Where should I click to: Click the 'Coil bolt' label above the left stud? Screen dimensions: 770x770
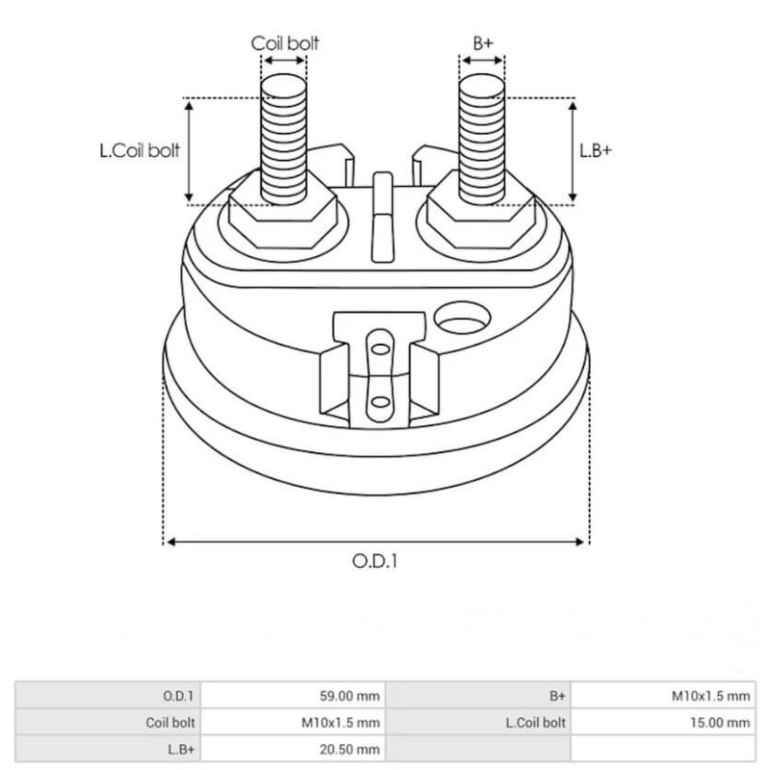285,43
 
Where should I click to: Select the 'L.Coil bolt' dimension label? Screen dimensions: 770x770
141,151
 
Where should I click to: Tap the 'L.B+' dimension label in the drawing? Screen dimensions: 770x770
596,151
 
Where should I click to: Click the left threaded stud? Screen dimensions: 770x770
284,135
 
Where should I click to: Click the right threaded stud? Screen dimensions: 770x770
482,135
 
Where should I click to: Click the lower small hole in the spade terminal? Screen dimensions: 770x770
380,401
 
